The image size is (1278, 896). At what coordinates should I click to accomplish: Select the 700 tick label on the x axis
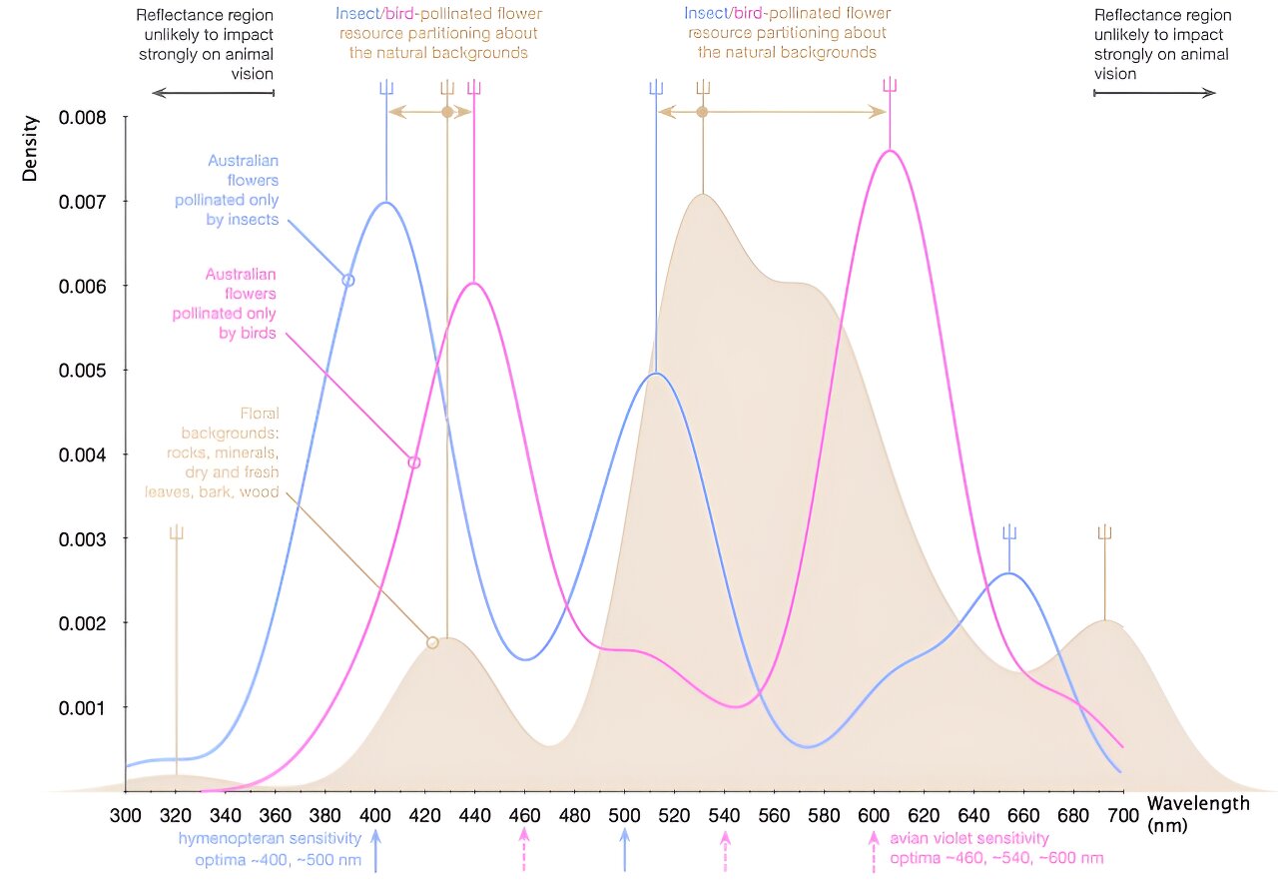tap(1123, 814)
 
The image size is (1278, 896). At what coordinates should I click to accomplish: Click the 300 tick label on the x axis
tap(126, 814)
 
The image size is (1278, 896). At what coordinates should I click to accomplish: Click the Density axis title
tap(31, 149)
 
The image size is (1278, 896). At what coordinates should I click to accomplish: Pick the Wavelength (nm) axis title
tap(1197, 813)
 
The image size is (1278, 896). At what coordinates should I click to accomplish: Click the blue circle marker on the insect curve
tap(348, 281)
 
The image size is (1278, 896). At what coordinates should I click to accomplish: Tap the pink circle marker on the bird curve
tap(414, 462)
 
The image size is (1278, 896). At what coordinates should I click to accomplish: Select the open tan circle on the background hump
tap(432, 642)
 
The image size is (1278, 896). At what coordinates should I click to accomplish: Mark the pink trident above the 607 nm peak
tap(889, 86)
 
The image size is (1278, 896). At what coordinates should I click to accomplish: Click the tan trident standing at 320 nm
tap(177, 532)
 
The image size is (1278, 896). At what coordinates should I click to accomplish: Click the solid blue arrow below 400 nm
tap(375, 851)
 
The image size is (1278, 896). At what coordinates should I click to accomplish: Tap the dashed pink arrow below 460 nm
tap(524, 849)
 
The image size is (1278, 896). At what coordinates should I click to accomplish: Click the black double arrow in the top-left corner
tap(213, 93)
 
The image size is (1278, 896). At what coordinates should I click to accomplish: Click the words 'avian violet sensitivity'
tap(969, 838)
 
